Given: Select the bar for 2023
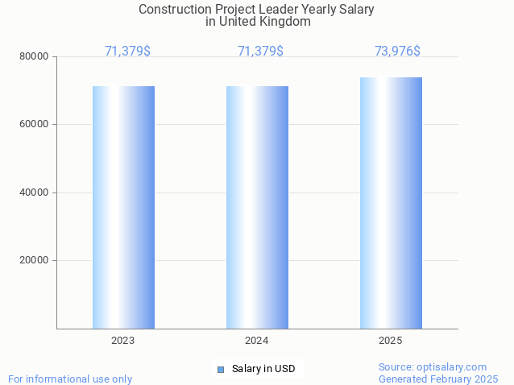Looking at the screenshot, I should click(x=123, y=207).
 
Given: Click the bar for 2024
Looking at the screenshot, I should click(x=257, y=207).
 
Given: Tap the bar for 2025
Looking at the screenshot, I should click(x=391, y=203).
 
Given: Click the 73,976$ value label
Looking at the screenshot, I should click(x=397, y=51).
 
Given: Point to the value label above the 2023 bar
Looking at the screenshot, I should click(x=127, y=51).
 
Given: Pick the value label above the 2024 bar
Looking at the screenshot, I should click(x=260, y=51).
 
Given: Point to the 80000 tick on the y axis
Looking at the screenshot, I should click(x=35, y=56).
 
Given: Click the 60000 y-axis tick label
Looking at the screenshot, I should click(x=35, y=124).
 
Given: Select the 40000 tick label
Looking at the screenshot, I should click(x=35, y=192).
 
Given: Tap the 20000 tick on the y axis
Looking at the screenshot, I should click(x=35, y=260).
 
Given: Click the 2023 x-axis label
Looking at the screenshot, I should click(x=123, y=341).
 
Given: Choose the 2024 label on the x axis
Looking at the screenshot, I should click(x=257, y=341).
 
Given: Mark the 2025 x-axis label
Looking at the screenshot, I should click(x=391, y=341).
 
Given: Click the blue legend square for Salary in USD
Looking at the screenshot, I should click(x=220, y=369).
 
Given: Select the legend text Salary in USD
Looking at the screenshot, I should click(x=263, y=369).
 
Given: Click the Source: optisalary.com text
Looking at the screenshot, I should click(x=433, y=366).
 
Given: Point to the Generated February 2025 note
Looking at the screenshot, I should click(x=438, y=379).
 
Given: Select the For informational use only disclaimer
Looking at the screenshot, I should click(x=70, y=379).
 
